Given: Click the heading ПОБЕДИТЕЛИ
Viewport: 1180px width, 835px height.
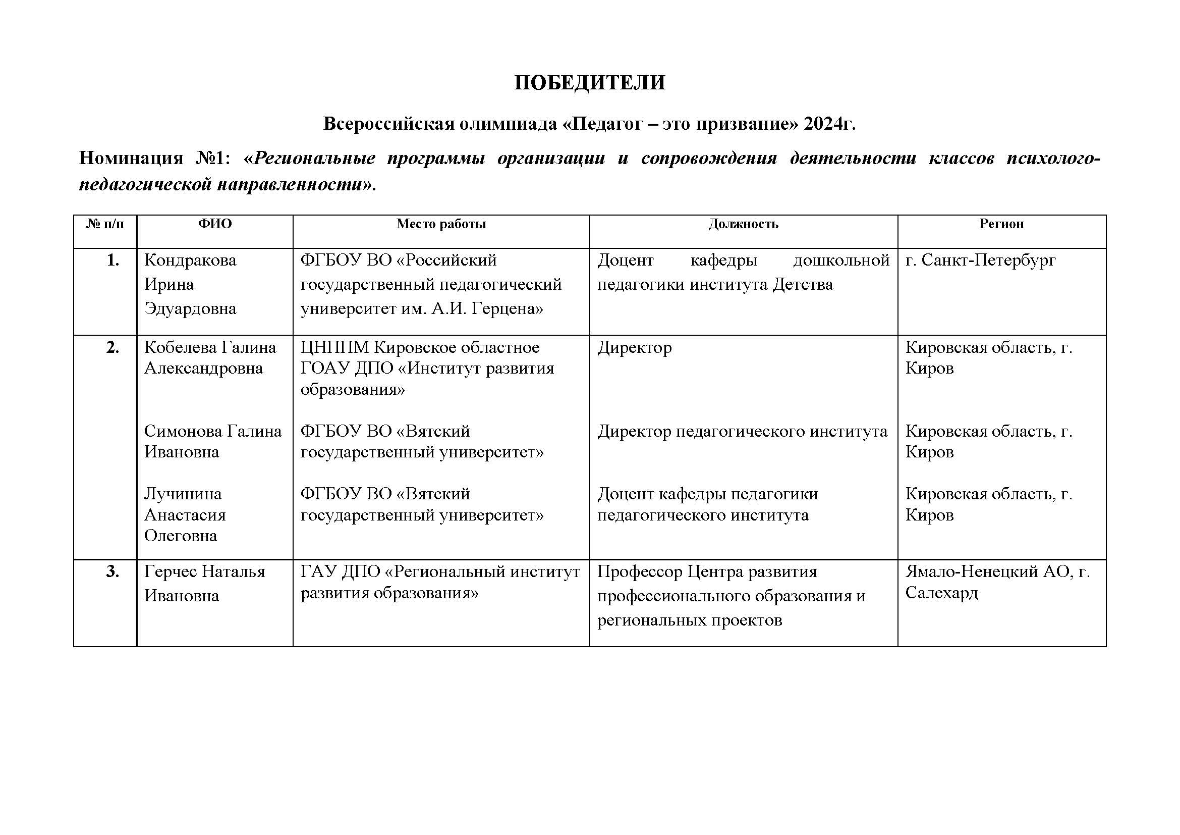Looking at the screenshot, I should pos(589,83).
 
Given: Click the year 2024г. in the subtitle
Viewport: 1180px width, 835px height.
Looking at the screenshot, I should pos(829,124).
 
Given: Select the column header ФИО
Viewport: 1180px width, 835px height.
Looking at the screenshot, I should pos(215,224).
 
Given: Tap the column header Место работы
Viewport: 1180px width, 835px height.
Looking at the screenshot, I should pos(441,224).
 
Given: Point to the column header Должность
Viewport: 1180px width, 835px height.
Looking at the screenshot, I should pos(743,224).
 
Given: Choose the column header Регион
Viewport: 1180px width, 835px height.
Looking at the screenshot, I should pos(1001,224).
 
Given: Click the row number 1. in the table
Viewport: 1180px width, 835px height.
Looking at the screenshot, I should pos(113,260).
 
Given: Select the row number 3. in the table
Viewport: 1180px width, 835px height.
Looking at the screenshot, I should pos(113,572).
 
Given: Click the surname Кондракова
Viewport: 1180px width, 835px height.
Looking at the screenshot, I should pos(190,260).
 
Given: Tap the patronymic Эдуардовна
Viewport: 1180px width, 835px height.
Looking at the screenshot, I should pos(190,308).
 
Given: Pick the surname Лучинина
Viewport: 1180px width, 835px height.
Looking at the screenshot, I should pos(183,494).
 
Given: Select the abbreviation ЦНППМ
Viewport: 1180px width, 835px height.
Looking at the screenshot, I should pos(334,347).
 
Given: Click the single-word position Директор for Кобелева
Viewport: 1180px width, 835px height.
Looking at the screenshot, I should pos(634,347).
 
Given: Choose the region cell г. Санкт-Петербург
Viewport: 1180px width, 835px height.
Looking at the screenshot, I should pos(980,260).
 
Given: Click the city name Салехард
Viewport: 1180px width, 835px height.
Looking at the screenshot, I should pos(941,593).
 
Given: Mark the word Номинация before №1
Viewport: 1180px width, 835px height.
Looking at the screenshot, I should pos(131,158).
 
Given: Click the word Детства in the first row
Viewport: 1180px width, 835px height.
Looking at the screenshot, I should pos(802,284).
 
